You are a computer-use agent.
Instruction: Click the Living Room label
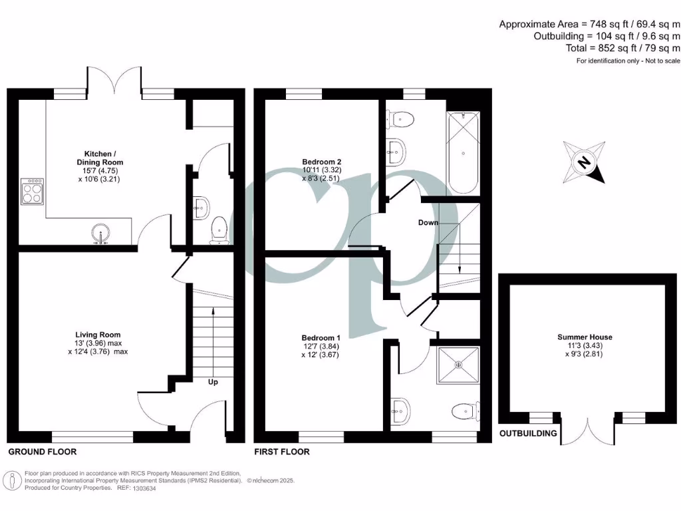coord(98,343)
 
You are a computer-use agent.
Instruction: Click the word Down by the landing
coord(428,222)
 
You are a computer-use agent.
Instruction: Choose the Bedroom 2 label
coord(321,170)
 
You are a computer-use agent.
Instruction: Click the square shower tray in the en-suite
coord(458,365)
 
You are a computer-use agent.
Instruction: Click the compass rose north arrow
coord(585,162)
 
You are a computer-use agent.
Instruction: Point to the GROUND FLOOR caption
coord(43,452)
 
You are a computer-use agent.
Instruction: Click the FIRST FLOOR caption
coord(282,452)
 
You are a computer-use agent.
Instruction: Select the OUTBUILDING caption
coord(528,434)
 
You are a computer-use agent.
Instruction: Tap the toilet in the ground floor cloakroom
coord(218,230)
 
